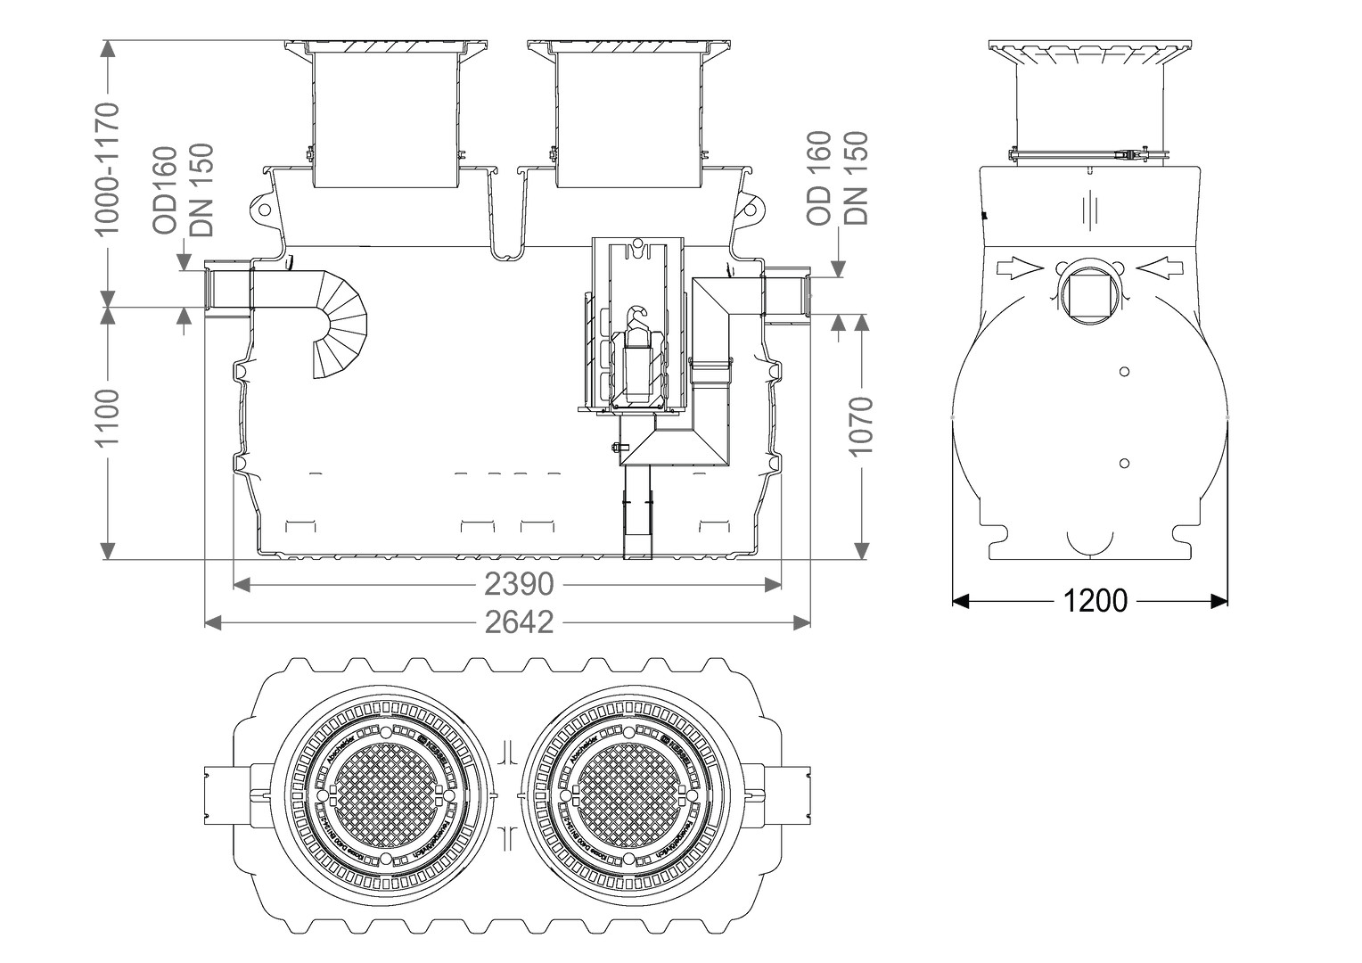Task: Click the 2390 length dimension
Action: coord(520,585)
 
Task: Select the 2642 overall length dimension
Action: coord(520,622)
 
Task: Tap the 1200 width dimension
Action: coord(1095,602)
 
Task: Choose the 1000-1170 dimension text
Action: coord(108,169)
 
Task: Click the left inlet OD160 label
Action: coord(167,191)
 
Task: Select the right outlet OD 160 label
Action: coord(818,178)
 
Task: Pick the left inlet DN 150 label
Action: coord(202,191)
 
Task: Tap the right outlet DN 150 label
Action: coord(855,178)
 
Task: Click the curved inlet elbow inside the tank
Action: coord(339,321)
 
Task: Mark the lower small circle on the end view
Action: coord(1124,463)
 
